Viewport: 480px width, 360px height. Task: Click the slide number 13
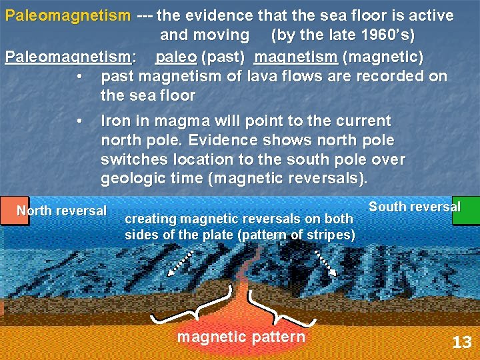[461, 343]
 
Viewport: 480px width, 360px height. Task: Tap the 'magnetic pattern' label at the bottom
[241, 337]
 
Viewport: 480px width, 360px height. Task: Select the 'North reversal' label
[61, 211]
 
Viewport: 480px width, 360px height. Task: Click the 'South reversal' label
[414, 206]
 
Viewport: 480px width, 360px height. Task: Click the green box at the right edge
[466, 211]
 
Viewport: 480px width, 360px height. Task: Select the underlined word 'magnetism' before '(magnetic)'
[287, 57]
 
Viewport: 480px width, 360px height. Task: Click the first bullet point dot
[79, 76]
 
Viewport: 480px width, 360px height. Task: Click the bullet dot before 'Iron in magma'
[79, 121]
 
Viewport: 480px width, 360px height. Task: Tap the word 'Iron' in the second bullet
[115, 121]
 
